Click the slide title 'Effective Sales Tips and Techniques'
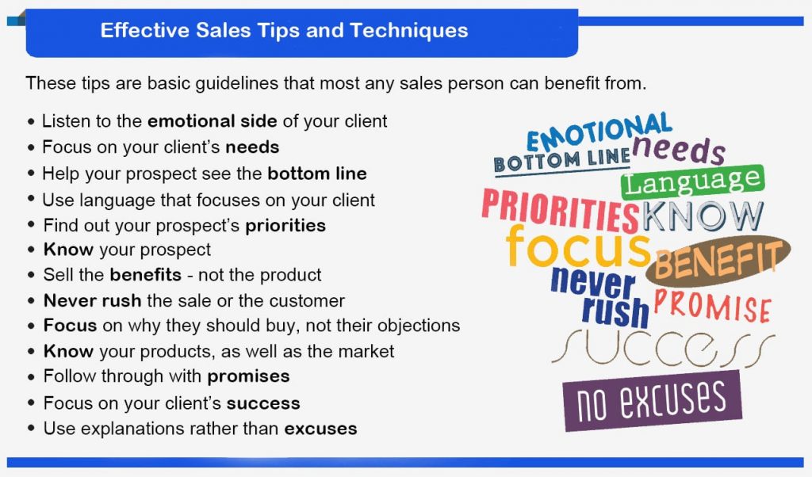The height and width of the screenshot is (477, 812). tap(284, 30)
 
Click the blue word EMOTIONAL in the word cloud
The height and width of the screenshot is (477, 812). tap(599, 132)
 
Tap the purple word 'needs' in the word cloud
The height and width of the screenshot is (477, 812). tap(679, 150)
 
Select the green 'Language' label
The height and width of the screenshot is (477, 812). tap(693, 182)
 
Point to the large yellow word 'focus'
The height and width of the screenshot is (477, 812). tap(578, 247)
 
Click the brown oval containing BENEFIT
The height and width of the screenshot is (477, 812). tap(718, 261)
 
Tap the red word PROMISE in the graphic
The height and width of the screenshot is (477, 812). tap(713, 306)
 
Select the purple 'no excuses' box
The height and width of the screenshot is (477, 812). tap(652, 400)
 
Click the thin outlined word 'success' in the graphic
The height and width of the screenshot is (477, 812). tap(663, 348)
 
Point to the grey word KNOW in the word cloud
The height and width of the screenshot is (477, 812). tap(703, 216)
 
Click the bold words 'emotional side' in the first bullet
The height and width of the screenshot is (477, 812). tap(213, 121)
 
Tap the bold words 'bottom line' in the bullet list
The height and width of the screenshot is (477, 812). tap(317, 174)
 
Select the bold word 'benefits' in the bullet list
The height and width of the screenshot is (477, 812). tap(146, 275)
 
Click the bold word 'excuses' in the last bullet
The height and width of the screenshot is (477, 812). tap(320, 429)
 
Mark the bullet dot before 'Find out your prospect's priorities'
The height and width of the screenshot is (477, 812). tap(32, 224)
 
